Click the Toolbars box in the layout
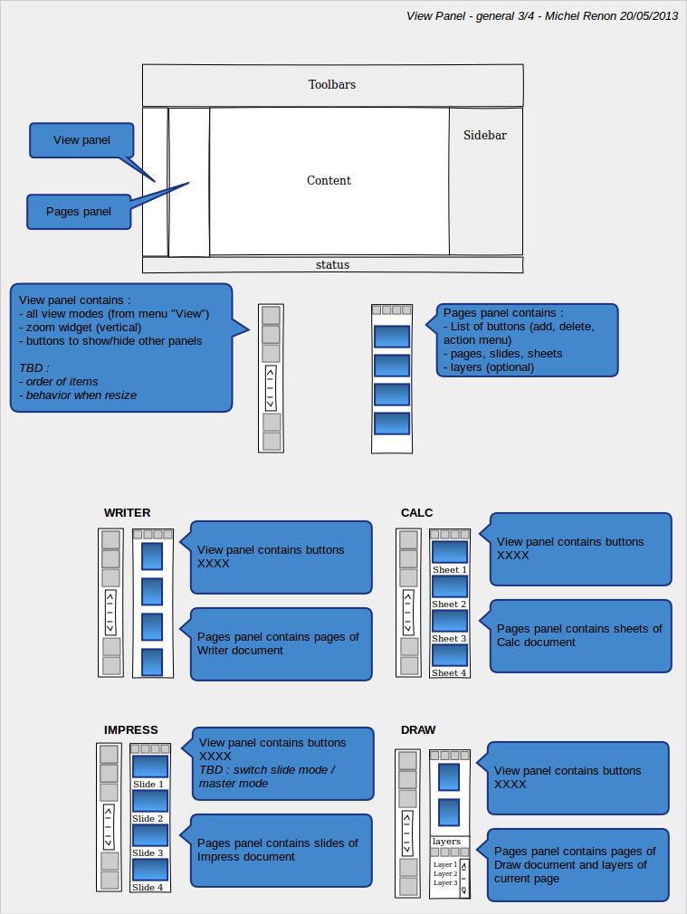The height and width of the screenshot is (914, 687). click(332, 85)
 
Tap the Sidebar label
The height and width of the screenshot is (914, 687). click(484, 135)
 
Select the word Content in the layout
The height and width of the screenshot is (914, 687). click(329, 181)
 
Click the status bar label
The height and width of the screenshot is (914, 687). click(332, 264)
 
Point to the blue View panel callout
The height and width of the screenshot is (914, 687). click(81, 140)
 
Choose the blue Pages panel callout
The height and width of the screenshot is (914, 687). click(79, 212)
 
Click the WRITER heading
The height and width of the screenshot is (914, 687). click(127, 513)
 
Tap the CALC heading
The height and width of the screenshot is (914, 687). click(416, 513)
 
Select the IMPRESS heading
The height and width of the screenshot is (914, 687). click(130, 729)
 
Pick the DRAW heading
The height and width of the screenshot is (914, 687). click(418, 729)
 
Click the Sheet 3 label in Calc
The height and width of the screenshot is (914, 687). click(449, 639)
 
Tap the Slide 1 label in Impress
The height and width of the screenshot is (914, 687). click(148, 785)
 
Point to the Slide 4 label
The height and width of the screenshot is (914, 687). click(148, 888)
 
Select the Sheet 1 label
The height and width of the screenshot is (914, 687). click(450, 570)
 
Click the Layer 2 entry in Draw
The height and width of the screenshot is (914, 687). click(445, 874)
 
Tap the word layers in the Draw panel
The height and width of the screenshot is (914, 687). click(446, 842)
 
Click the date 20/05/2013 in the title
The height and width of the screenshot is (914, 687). click(648, 16)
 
